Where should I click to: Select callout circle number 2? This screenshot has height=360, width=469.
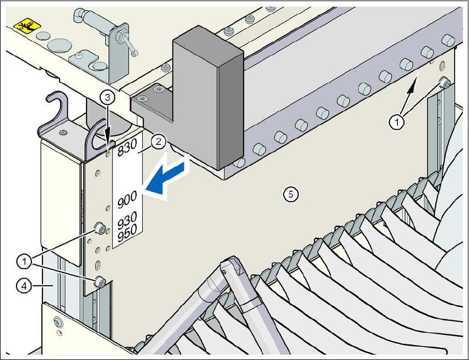point(158,142)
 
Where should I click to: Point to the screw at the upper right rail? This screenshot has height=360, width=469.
point(445,83)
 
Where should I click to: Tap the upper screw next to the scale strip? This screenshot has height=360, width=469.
point(100,228)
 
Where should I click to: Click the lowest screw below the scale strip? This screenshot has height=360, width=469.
point(100,282)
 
